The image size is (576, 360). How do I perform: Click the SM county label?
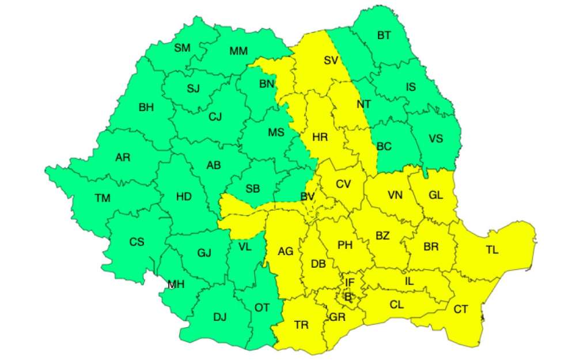click(182, 48)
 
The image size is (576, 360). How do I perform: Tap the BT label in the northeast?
click(384, 36)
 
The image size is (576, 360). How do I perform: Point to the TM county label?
click(103, 198)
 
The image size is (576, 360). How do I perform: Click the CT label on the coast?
click(461, 309)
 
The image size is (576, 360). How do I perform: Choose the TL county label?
click(492, 250)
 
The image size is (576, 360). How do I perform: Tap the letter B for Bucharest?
click(347, 296)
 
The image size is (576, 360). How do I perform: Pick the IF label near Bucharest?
click(349, 282)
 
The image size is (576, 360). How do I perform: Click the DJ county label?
click(219, 316)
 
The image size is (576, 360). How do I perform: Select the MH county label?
click(176, 285)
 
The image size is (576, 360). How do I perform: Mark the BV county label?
click(308, 197)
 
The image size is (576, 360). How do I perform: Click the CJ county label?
click(215, 117)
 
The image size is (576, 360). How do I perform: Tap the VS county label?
click(436, 138)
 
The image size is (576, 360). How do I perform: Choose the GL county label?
click(435, 195)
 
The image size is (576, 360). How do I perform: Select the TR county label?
click(301, 325)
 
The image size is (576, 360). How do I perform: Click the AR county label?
click(123, 157)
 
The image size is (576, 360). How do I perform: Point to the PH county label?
click(345, 245)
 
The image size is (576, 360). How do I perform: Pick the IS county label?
click(411, 88)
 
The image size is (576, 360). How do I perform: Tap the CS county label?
click(137, 242)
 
